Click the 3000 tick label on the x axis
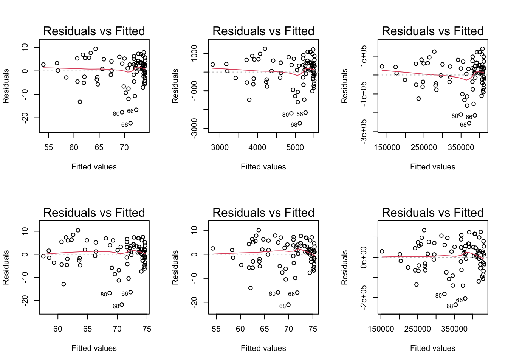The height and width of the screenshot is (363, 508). click(x=220, y=147)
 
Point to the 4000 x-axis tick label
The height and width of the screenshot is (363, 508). click(x=257, y=147)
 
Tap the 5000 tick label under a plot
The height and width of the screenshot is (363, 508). click(x=295, y=147)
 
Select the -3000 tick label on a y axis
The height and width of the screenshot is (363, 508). click(x=194, y=129)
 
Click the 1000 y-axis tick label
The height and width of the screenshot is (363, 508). click(x=194, y=53)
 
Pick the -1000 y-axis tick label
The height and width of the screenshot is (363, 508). click(x=194, y=91)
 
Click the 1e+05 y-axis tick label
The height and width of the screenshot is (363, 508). click(x=364, y=56)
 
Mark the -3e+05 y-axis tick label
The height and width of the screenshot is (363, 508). click(x=364, y=132)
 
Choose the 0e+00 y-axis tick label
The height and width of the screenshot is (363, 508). click(x=364, y=258)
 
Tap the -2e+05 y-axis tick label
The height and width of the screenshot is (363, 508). click(x=364, y=298)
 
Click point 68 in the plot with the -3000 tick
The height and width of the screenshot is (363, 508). click(x=300, y=123)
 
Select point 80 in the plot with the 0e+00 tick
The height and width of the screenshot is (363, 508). click(x=444, y=294)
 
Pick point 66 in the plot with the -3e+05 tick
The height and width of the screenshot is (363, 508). click(x=475, y=115)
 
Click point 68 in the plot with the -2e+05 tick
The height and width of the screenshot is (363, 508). click(x=456, y=305)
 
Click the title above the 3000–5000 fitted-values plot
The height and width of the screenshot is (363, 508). click(x=263, y=31)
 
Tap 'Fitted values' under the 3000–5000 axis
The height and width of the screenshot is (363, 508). click(x=263, y=167)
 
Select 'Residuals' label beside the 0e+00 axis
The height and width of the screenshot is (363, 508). click(x=344, y=267)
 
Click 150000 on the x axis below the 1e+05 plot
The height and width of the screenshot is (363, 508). click(x=387, y=147)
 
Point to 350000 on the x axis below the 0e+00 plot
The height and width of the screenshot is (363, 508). click(x=454, y=329)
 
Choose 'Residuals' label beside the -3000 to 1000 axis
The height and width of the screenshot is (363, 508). click(x=175, y=86)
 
